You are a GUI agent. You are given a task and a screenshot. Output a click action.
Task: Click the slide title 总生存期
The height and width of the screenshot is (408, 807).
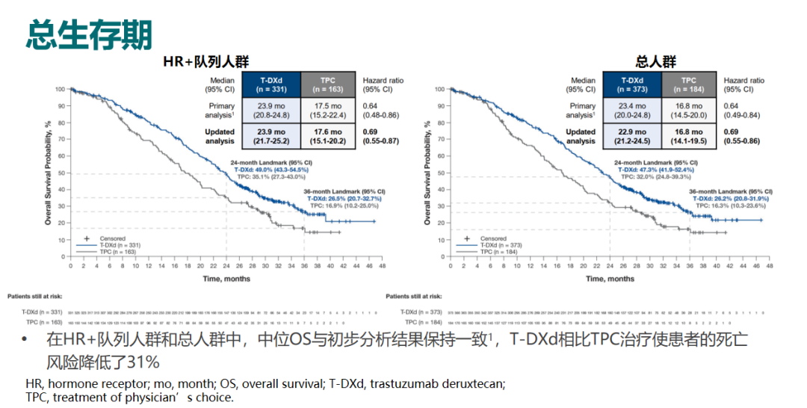pos(89,35)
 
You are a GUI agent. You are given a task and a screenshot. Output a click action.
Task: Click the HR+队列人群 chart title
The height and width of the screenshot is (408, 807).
pos(205,62)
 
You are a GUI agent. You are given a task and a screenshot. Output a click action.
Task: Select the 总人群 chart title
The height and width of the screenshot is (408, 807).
pos(655,62)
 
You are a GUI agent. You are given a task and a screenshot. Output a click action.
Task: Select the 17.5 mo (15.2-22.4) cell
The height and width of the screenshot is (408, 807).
pos(328,111)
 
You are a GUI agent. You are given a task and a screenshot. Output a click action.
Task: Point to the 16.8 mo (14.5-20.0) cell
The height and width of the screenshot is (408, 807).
pos(689,111)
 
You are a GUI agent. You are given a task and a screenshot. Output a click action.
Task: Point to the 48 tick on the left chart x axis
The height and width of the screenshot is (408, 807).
pos(381,266)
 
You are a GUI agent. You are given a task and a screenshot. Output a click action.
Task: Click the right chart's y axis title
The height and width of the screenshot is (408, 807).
pos(428,173)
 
